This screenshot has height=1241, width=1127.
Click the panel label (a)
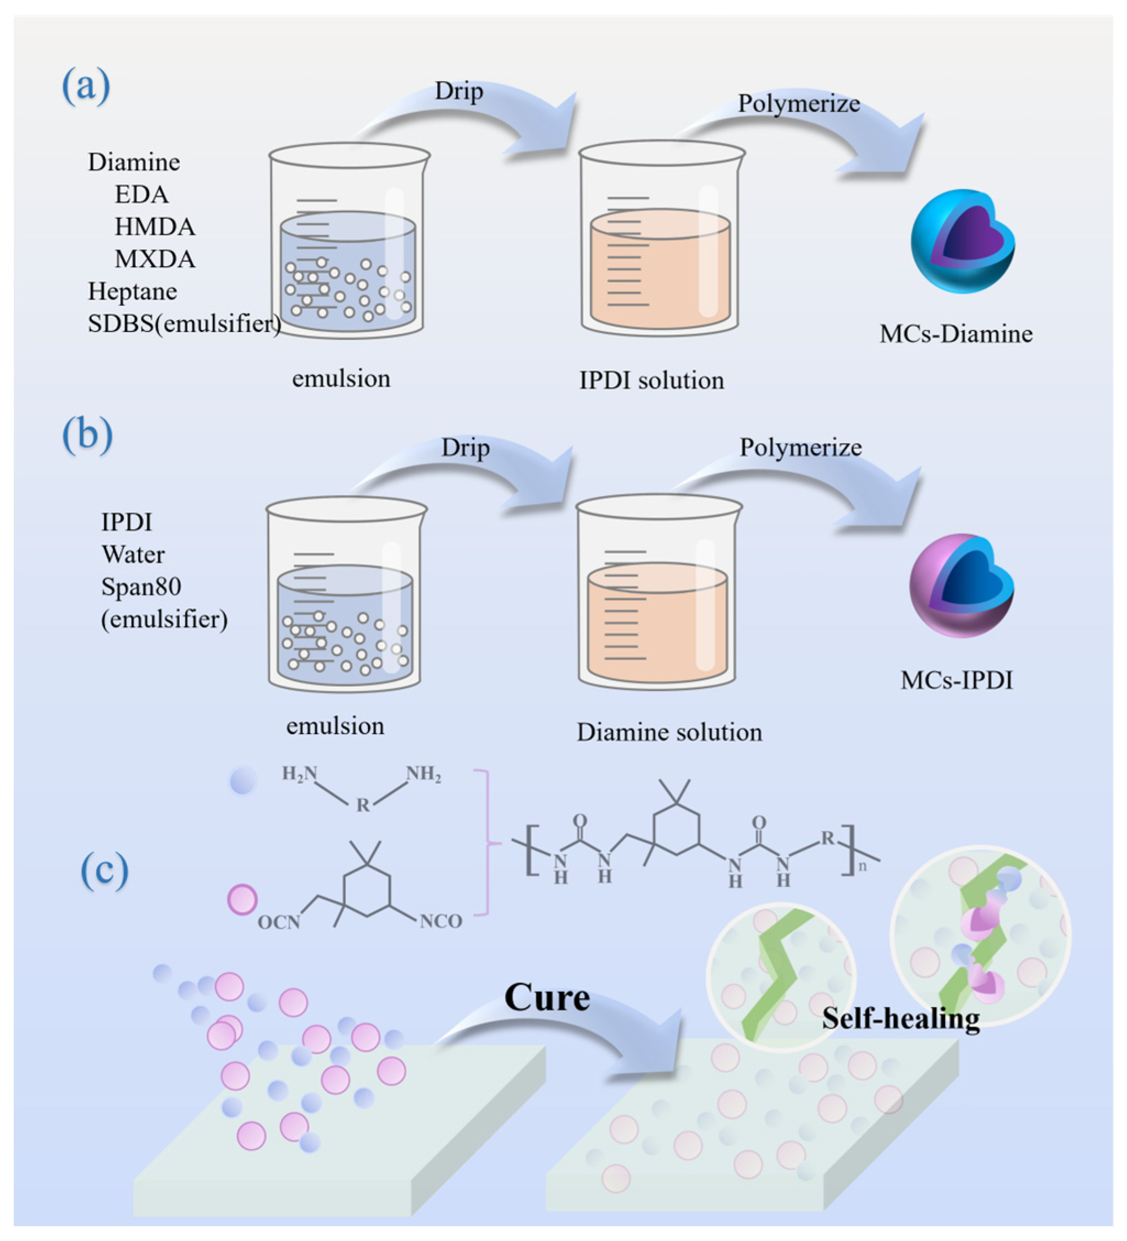[x=86, y=86]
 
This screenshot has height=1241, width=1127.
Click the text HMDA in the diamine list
[x=154, y=227]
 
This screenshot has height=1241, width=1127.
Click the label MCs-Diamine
[x=955, y=334]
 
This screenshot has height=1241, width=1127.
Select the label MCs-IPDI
[x=956, y=680]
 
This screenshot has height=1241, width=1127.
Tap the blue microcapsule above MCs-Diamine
[x=962, y=241]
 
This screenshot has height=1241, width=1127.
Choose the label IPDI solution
[x=651, y=380]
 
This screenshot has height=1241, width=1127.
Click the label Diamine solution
[x=669, y=732]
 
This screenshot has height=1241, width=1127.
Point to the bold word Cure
[x=546, y=997]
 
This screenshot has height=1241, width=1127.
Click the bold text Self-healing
[x=901, y=1019]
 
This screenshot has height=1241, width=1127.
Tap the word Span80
[x=141, y=587]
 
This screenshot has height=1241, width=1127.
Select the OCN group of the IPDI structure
[x=279, y=923]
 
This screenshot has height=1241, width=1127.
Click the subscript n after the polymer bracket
[x=863, y=866]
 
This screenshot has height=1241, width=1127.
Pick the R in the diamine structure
[x=363, y=805]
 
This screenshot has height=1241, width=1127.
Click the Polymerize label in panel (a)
[x=798, y=103]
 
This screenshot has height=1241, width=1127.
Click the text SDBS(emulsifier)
[x=184, y=324]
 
